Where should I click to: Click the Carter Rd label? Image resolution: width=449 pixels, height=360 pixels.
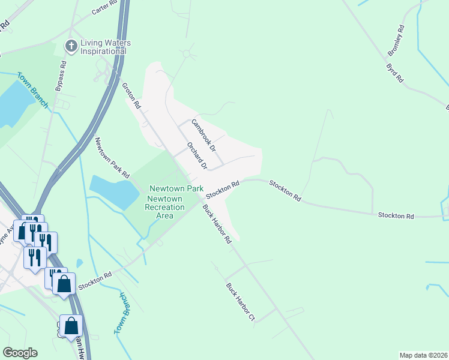pos(103,8)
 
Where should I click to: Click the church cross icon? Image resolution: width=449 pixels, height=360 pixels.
pos(71,45)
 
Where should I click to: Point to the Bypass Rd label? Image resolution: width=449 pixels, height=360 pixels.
pos(58,77)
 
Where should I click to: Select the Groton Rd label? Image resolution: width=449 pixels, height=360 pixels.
pos(131,94)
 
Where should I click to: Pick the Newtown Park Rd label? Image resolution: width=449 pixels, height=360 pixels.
pos(113,157)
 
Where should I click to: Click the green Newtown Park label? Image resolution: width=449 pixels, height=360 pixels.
pos(176,188)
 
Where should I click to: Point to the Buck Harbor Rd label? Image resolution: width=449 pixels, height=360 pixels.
pos(217,224)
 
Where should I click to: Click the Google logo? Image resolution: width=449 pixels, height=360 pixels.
pos(20,353)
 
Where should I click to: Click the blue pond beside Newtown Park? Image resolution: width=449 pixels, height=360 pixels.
pos(114,191)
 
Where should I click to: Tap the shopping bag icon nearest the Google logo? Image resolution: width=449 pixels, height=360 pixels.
pos(71,327)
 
